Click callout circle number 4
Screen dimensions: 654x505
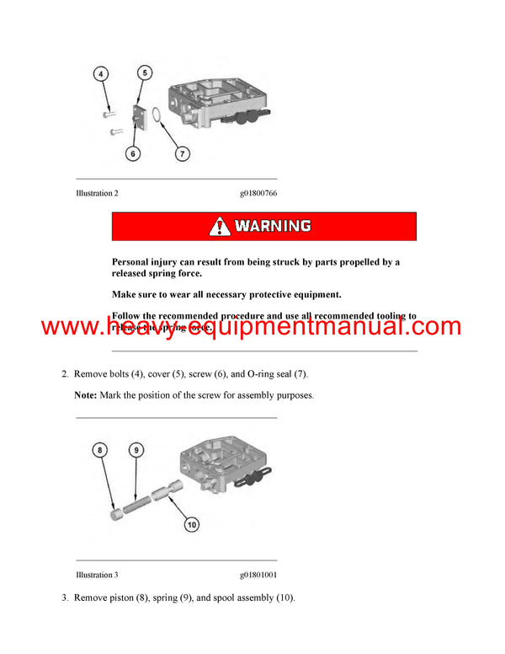101,74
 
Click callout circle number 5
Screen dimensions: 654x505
145,73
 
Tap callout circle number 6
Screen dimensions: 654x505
132,153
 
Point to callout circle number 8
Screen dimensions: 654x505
101,451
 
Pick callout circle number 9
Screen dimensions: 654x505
135,451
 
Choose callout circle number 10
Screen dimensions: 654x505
191,524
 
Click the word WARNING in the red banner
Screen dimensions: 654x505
272,226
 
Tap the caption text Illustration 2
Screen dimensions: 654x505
97,194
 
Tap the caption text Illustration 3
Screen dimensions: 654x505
97,575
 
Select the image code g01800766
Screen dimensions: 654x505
258,194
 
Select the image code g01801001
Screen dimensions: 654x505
258,575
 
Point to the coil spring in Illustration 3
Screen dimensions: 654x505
133,498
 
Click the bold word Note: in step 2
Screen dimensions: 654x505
86,395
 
